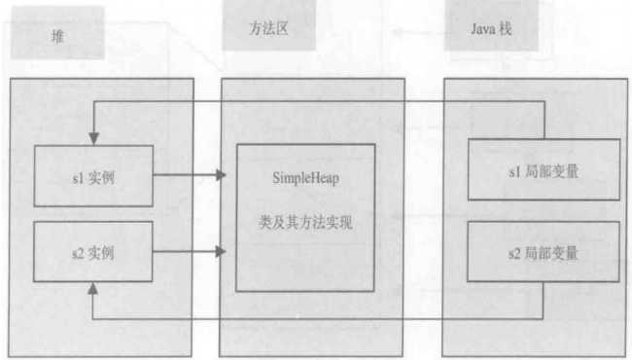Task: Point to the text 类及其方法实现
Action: [x=304, y=223]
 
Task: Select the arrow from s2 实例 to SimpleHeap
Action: [x=190, y=250]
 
